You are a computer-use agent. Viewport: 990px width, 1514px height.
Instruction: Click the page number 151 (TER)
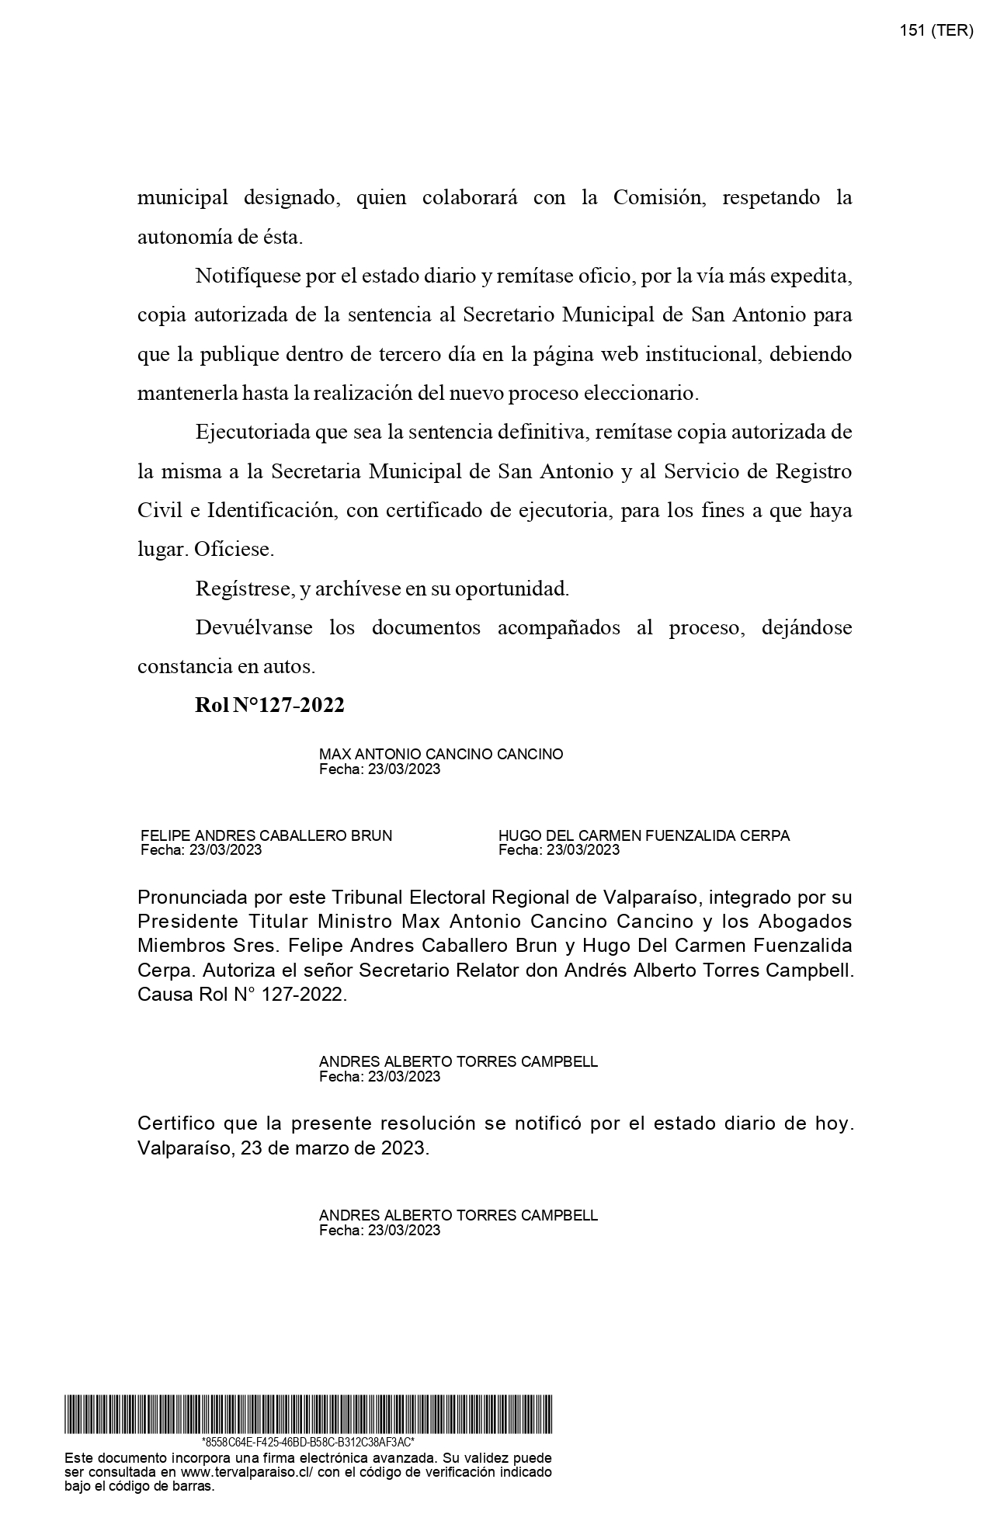click(936, 30)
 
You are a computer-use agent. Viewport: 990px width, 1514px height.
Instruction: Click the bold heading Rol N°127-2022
click(269, 705)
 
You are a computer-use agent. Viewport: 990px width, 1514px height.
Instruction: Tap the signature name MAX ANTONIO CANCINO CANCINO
click(441, 754)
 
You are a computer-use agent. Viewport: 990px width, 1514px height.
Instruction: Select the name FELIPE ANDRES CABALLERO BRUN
click(266, 835)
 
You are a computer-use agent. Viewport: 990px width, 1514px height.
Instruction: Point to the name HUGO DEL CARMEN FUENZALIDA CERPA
click(644, 835)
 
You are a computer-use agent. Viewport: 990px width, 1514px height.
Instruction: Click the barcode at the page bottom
click(308, 1414)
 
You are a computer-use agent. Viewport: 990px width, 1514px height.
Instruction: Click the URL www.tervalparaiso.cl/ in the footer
click(246, 1472)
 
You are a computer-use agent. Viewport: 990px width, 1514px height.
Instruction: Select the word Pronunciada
click(193, 898)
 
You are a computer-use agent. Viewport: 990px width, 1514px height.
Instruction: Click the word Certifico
click(175, 1123)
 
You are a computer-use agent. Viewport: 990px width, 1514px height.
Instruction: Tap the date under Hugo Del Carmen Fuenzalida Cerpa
click(559, 849)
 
